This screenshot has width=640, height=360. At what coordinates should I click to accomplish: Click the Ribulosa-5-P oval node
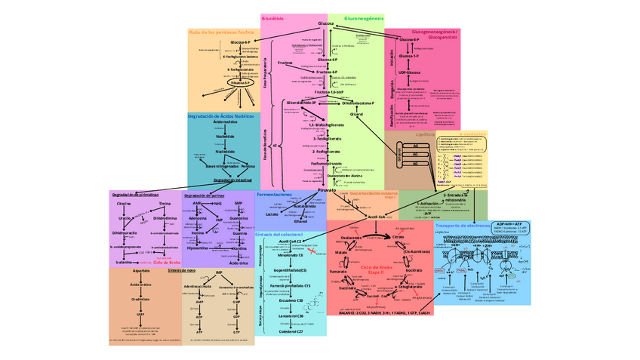point(240,84)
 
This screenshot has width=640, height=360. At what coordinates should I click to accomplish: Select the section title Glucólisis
point(272,17)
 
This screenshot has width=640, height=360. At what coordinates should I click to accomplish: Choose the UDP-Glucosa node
point(410,73)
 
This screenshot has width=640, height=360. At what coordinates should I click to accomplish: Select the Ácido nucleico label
point(225,122)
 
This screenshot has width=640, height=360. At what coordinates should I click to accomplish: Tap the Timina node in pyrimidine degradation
point(165,205)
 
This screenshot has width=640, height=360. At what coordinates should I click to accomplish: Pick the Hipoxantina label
point(197,248)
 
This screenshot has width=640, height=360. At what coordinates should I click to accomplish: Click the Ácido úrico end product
point(238,263)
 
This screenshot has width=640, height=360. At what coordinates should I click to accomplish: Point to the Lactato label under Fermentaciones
point(272,214)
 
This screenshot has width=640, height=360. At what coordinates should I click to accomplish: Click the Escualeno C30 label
point(290,300)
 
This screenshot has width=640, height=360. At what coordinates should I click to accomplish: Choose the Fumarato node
point(338,269)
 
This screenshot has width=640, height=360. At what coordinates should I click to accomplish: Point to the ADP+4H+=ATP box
point(510,224)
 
